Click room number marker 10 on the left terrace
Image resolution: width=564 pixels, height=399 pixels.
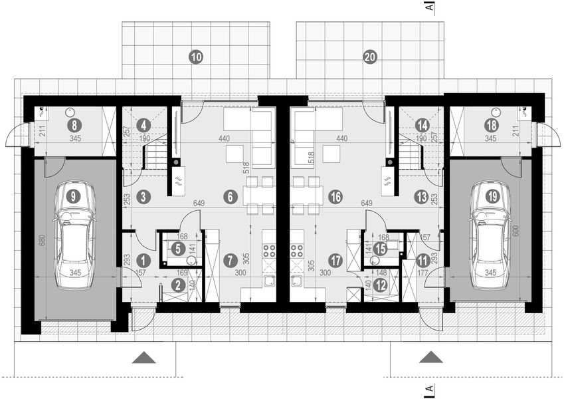pyautogui.click(x=195, y=57)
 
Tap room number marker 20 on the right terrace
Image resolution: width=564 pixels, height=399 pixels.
pyautogui.click(x=370, y=57)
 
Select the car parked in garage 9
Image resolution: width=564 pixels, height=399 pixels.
pyautogui.click(x=74, y=236)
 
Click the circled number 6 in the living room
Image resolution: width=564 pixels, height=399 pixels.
pyautogui.click(x=230, y=197)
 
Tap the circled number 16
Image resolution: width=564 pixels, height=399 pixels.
pyautogui.click(x=335, y=197)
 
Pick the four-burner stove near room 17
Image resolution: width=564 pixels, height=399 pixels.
pyautogui.click(x=295, y=251)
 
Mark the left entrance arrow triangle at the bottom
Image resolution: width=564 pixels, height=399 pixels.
pyautogui.click(x=144, y=358)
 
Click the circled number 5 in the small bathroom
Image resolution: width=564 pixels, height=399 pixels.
pyautogui.click(x=177, y=249)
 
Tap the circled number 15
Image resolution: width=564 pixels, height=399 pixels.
pyautogui.click(x=379, y=248)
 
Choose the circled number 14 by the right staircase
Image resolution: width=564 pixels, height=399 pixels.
pyautogui.click(x=422, y=124)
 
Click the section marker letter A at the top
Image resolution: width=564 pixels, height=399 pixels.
pyautogui.click(x=430, y=7)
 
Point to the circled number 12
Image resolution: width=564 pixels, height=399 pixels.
pyautogui.click(x=381, y=285)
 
